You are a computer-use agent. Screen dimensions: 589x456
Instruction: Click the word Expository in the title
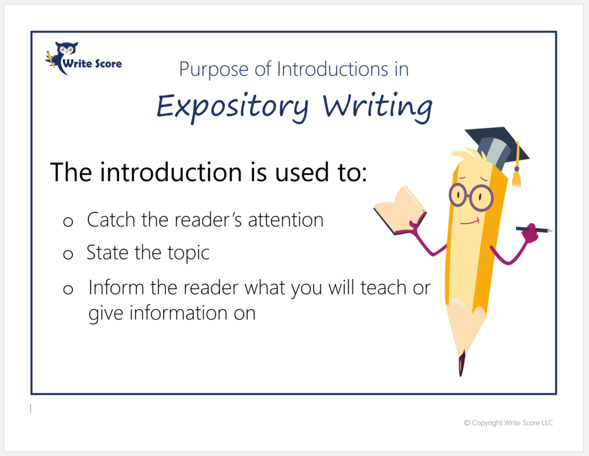pyautogui.click(x=232, y=108)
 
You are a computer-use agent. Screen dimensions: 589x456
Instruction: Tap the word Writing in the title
pyautogui.click(x=377, y=107)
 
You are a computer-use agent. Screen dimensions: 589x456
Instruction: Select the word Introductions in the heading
pyautogui.click(x=332, y=69)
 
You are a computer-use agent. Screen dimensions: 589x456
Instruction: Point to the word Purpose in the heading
pyautogui.click(x=214, y=70)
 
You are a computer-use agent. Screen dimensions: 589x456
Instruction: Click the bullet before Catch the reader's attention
pyautogui.click(x=68, y=221)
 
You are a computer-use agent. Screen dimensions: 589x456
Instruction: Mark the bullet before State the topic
pyautogui.click(x=68, y=255)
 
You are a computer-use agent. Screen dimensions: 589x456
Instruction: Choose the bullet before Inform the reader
pyautogui.click(x=68, y=289)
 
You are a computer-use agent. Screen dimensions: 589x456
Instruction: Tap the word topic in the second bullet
pyautogui.click(x=188, y=253)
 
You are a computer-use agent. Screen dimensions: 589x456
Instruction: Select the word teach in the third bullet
pyautogui.click(x=383, y=288)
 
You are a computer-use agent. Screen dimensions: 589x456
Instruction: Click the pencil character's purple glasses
pyautogui.click(x=471, y=198)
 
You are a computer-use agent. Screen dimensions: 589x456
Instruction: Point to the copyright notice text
pyautogui.click(x=508, y=423)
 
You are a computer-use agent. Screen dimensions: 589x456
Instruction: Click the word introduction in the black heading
pyautogui.click(x=170, y=173)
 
